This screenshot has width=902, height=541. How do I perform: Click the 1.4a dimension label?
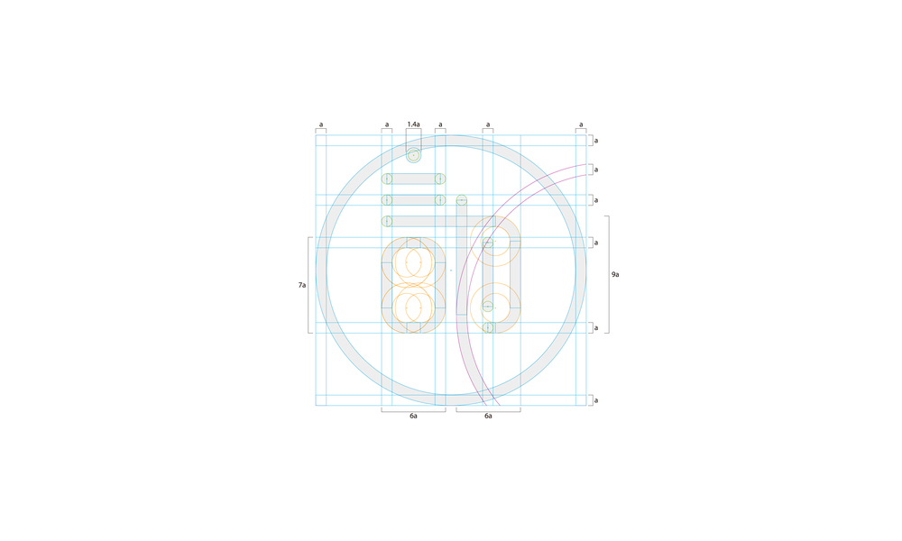point(413,124)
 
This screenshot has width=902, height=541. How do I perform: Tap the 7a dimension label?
point(302,285)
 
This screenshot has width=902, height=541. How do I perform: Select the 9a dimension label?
point(615,275)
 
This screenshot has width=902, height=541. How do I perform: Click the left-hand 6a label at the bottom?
point(413,416)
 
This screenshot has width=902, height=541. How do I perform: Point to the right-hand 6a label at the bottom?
point(488,416)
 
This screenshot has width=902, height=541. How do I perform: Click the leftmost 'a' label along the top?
point(321,124)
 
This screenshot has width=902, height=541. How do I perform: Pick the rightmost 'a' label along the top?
point(581,124)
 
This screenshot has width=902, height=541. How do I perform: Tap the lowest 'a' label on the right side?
point(596,400)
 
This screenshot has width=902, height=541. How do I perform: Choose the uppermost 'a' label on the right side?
point(596,141)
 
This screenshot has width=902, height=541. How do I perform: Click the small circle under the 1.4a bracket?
point(413,155)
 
